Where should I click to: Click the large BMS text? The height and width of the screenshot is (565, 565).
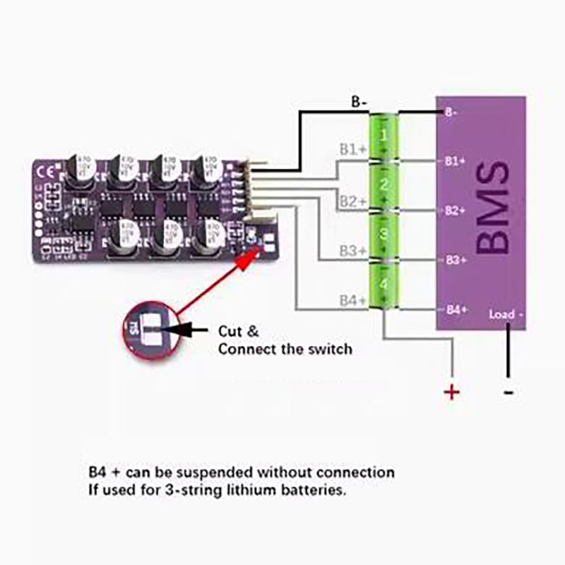click(x=492, y=208)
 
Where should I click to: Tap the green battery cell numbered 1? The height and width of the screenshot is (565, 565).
click(x=383, y=136)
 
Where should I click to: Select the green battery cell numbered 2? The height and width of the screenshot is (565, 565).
click(x=383, y=185)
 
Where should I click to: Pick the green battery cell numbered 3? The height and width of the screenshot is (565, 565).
click(x=383, y=234)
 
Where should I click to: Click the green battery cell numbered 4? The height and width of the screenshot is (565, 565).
click(x=383, y=283)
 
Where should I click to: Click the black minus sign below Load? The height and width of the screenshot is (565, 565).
click(x=509, y=393)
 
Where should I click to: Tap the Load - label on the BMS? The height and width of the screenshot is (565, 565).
click(x=506, y=314)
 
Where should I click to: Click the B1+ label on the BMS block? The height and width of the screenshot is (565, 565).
click(x=455, y=161)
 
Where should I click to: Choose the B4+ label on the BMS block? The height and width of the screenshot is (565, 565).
click(x=455, y=310)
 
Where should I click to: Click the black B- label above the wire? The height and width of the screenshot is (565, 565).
click(x=359, y=102)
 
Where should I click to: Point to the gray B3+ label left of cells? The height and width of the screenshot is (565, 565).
click(x=352, y=251)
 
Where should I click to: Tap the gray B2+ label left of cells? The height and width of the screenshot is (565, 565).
click(x=352, y=202)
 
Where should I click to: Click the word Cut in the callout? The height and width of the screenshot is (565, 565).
click(x=230, y=331)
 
